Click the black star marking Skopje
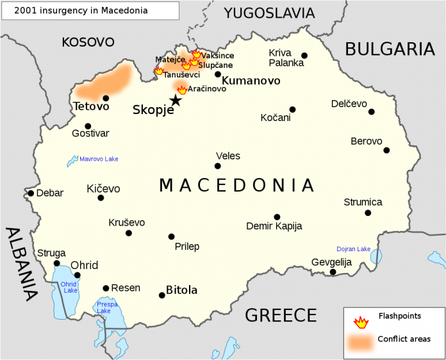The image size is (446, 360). click(175, 100)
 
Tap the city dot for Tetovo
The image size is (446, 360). click(106, 98)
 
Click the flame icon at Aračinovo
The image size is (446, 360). click(182, 90)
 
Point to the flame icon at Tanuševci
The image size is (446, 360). click(159, 70)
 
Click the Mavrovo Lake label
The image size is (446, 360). click(99, 159)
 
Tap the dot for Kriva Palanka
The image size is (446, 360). click(304, 56)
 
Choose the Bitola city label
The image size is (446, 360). click(181, 290)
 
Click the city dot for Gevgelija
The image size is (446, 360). click(333, 272)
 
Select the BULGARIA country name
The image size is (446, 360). click(390, 49)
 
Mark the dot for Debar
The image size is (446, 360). click(31, 193)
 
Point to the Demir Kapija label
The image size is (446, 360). click(274, 226)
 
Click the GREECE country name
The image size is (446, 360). click(281, 315)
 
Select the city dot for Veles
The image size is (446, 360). click(218, 166)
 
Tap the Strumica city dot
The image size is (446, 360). click(368, 213)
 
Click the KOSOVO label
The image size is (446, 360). click(88, 42)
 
